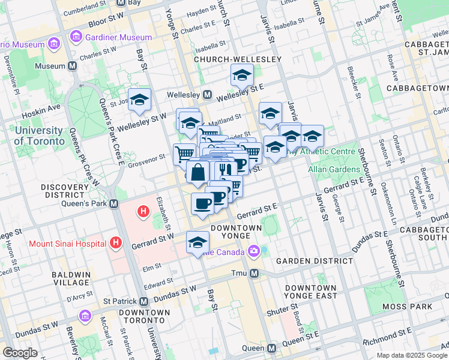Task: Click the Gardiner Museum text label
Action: [x=118, y=37]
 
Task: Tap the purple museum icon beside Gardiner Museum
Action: [x=76, y=37]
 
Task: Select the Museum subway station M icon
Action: [x=73, y=66]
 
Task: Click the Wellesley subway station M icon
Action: [x=208, y=95]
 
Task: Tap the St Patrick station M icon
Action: [x=143, y=301]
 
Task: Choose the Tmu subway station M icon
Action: [x=254, y=274]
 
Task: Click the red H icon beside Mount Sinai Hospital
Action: [x=116, y=244]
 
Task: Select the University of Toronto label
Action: [x=40, y=136]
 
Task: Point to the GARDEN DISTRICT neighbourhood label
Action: [x=315, y=261]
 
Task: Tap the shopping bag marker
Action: [x=198, y=173]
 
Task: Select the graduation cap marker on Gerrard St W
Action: [x=197, y=242]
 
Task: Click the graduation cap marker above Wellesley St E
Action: [x=242, y=75]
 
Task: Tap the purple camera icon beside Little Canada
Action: [x=254, y=251]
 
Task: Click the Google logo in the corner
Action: [x=20, y=353]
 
